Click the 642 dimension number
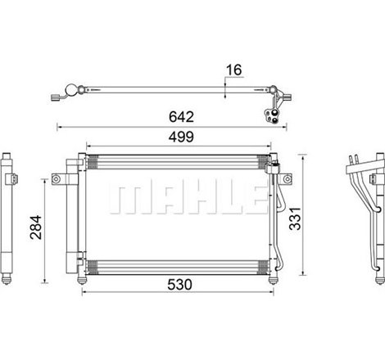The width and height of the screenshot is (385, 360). tap(181, 117)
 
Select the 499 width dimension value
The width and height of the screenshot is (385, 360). tap(181, 137)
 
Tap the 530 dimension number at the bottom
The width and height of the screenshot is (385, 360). tap(179, 285)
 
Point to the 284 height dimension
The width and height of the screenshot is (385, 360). tap(36, 227)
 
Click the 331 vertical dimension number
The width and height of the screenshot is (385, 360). tap(295, 218)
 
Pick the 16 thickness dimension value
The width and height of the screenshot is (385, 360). tap(234, 70)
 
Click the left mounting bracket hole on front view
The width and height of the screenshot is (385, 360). tap(56, 179)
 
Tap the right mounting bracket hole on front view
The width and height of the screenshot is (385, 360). tap(287, 179)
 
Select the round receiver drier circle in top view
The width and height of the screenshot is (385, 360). tap(71, 90)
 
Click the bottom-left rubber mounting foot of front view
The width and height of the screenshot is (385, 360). tap(82, 281)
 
